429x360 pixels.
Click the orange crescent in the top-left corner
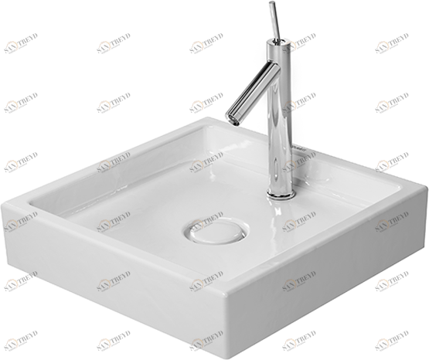(x=12, y=46)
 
